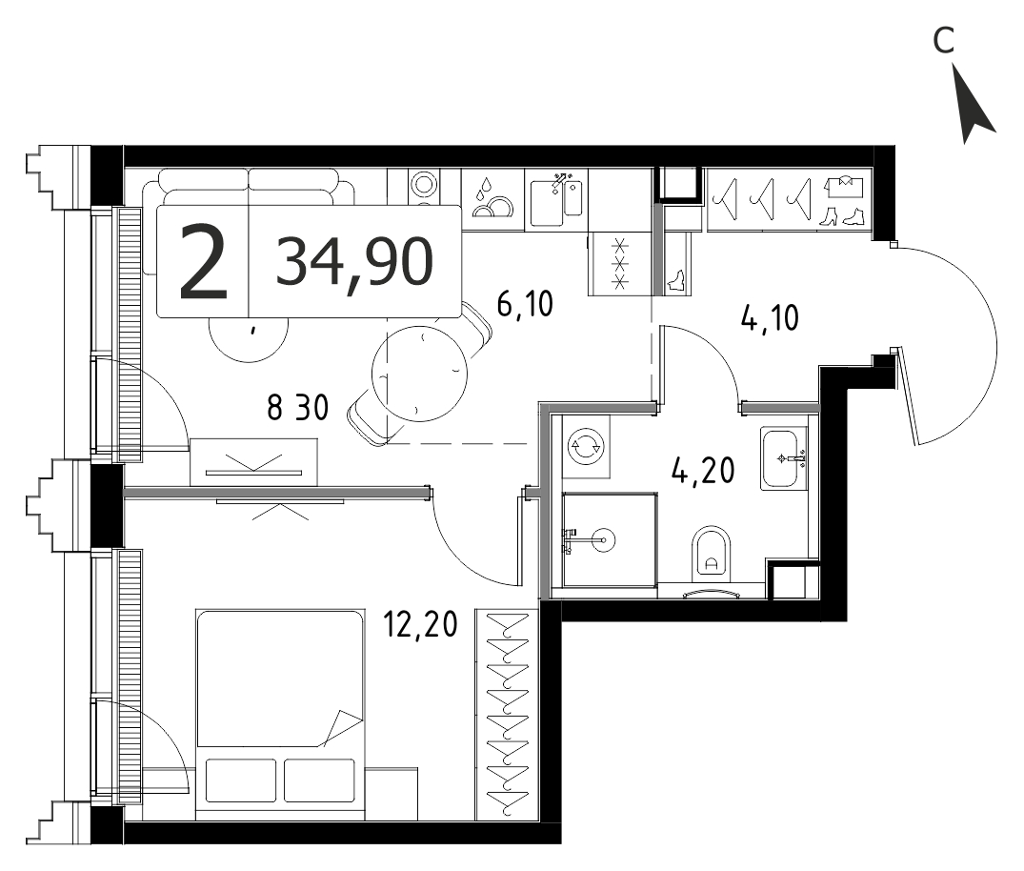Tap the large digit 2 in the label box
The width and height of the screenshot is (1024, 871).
coord(204,261)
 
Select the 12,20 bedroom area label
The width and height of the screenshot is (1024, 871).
coord(421,624)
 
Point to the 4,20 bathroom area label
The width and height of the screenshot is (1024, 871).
coord(703,470)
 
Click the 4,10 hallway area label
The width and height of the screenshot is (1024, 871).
coord(770,318)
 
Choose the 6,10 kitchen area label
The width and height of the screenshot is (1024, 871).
coord(525,304)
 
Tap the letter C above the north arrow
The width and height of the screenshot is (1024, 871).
coord(944,41)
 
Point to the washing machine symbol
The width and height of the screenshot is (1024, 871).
coord(586,447)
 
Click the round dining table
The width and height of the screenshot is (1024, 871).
coord(419,374)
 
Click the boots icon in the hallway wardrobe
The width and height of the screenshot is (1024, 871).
coord(840,216)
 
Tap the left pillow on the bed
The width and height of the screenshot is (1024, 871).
coord(240,780)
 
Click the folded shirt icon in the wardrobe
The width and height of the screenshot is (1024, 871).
coord(844,186)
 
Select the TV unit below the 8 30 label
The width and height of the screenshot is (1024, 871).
coord(253,462)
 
